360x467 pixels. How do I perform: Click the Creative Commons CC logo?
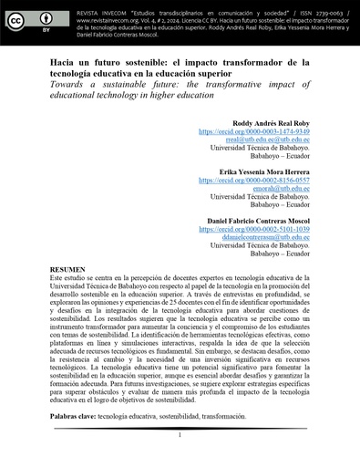[x=20, y=17]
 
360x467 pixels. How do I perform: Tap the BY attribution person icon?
[x=46, y=17]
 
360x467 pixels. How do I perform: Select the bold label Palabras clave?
[x=72, y=415]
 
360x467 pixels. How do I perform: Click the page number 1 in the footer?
[x=180, y=436]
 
